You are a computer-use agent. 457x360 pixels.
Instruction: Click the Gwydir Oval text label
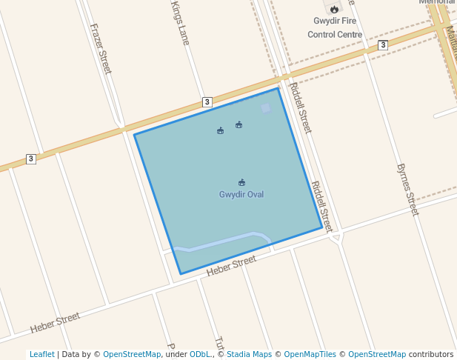pos(241,195)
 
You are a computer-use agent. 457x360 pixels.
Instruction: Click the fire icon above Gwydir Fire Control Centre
pos(335,9)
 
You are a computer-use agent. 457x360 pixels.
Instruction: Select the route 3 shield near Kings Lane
pos(207,101)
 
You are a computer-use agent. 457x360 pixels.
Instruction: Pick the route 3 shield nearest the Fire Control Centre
pos(382,45)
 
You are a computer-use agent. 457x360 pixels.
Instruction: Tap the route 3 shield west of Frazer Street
pos(30,159)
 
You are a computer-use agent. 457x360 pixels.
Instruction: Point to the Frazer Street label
pos(101,48)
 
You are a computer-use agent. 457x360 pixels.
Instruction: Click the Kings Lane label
pos(180,22)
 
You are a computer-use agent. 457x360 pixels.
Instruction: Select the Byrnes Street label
pos(407,190)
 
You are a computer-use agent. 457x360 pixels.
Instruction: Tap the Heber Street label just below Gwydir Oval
pos(231,265)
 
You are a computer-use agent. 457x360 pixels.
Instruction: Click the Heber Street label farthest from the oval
pos(55,322)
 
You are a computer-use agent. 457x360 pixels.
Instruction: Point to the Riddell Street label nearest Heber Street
pos(321,207)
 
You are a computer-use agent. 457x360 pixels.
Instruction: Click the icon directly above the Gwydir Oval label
pos(241,182)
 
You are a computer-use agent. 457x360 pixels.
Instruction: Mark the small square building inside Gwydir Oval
pos(265,108)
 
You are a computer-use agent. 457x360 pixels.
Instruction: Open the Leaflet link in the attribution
pos(41,355)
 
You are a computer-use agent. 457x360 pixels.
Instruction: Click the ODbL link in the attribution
pos(199,355)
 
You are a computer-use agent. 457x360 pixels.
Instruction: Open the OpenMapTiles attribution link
pos(310,355)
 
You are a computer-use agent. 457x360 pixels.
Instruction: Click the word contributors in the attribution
pos(431,355)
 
